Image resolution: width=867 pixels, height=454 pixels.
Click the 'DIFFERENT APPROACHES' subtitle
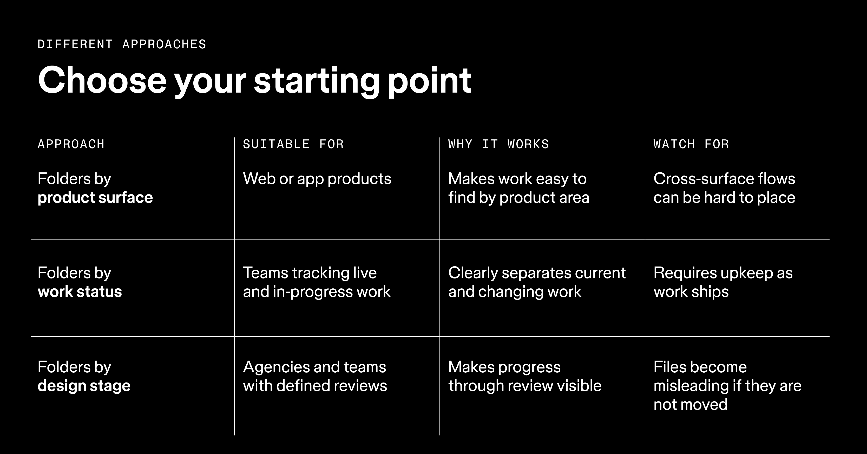pyautogui.click(x=122, y=44)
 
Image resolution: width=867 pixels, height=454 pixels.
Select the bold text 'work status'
pyautogui.click(x=80, y=292)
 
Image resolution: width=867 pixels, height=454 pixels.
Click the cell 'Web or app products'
pyautogui.click(x=317, y=179)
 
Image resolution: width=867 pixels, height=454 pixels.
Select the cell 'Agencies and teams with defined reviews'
pyautogui.click(x=315, y=377)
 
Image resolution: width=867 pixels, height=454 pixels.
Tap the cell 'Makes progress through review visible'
pyautogui.click(x=525, y=377)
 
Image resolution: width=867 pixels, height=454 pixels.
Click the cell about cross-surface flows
pyautogui.click(x=724, y=188)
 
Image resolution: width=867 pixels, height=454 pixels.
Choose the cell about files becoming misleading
pyautogui.click(x=727, y=386)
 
